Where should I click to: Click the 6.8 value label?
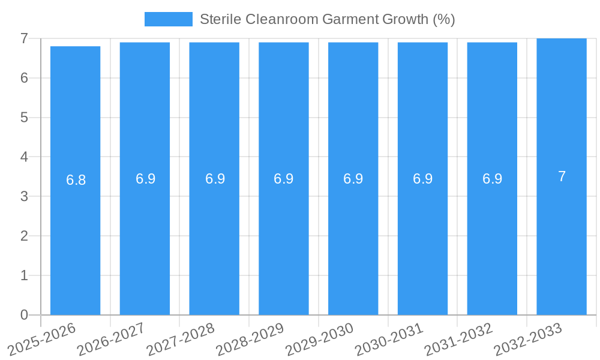pyautogui.click(x=76, y=180)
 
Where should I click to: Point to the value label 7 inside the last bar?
pyautogui.click(x=562, y=176)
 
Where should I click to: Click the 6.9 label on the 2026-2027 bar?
pyautogui.click(x=145, y=179)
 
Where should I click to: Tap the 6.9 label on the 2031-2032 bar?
pyautogui.click(x=492, y=179)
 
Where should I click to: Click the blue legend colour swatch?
pyautogui.click(x=168, y=19)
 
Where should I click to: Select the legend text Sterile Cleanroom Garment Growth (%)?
pyautogui.click(x=327, y=19)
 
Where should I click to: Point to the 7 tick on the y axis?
pyautogui.click(x=24, y=38)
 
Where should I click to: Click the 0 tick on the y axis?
pyautogui.click(x=24, y=315)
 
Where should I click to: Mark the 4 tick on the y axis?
pyautogui.click(x=24, y=157)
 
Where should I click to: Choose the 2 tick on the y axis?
pyautogui.click(x=24, y=236)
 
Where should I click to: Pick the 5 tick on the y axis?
pyautogui.click(x=24, y=118)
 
